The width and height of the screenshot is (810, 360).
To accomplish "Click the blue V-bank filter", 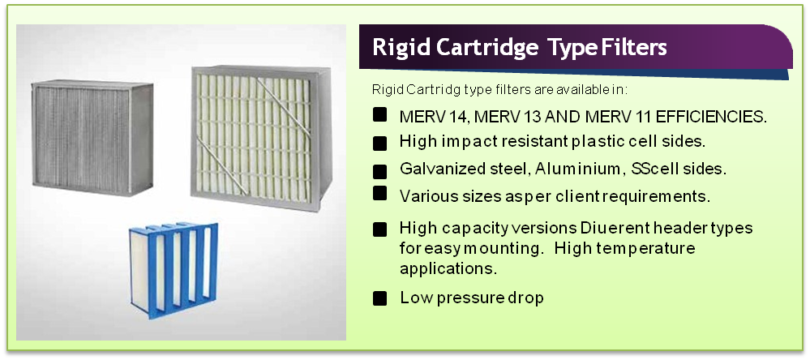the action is [x=174, y=270].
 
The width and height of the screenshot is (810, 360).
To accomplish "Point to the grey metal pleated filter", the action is [x=92, y=138].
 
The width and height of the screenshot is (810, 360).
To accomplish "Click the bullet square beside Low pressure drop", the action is [x=379, y=298].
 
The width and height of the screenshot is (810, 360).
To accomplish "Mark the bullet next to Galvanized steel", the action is [x=379, y=171].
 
